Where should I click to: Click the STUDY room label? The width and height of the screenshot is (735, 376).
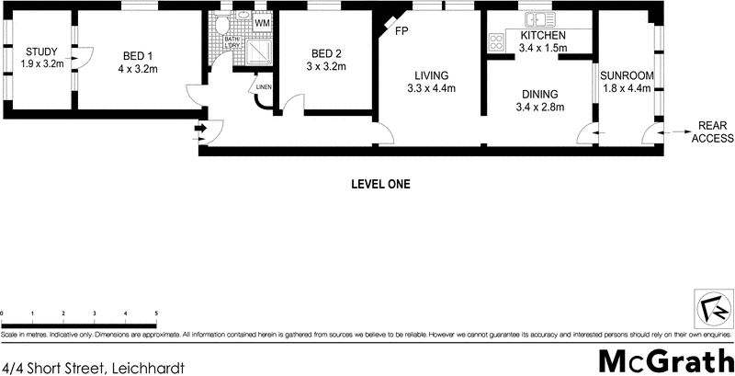pyautogui.click(x=40, y=51)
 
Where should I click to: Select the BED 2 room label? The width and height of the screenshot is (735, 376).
pyautogui.click(x=326, y=53)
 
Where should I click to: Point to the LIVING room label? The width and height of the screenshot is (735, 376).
pyautogui.click(x=431, y=75)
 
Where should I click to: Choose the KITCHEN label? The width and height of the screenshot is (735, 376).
pyautogui.click(x=542, y=36)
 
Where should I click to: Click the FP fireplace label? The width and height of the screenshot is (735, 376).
pyautogui.click(x=401, y=31)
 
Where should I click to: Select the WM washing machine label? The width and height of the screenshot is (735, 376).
pyautogui.click(x=262, y=22)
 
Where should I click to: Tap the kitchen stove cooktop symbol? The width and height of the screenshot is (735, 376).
pyautogui.click(x=496, y=40)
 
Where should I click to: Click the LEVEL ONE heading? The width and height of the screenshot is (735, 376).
pyautogui.click(x=380, y=184)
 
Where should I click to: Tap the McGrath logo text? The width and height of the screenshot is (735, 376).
pyautogui.click(x=664, y=359)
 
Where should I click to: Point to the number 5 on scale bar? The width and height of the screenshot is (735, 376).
pyautogui.click(x=156, y=313)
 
